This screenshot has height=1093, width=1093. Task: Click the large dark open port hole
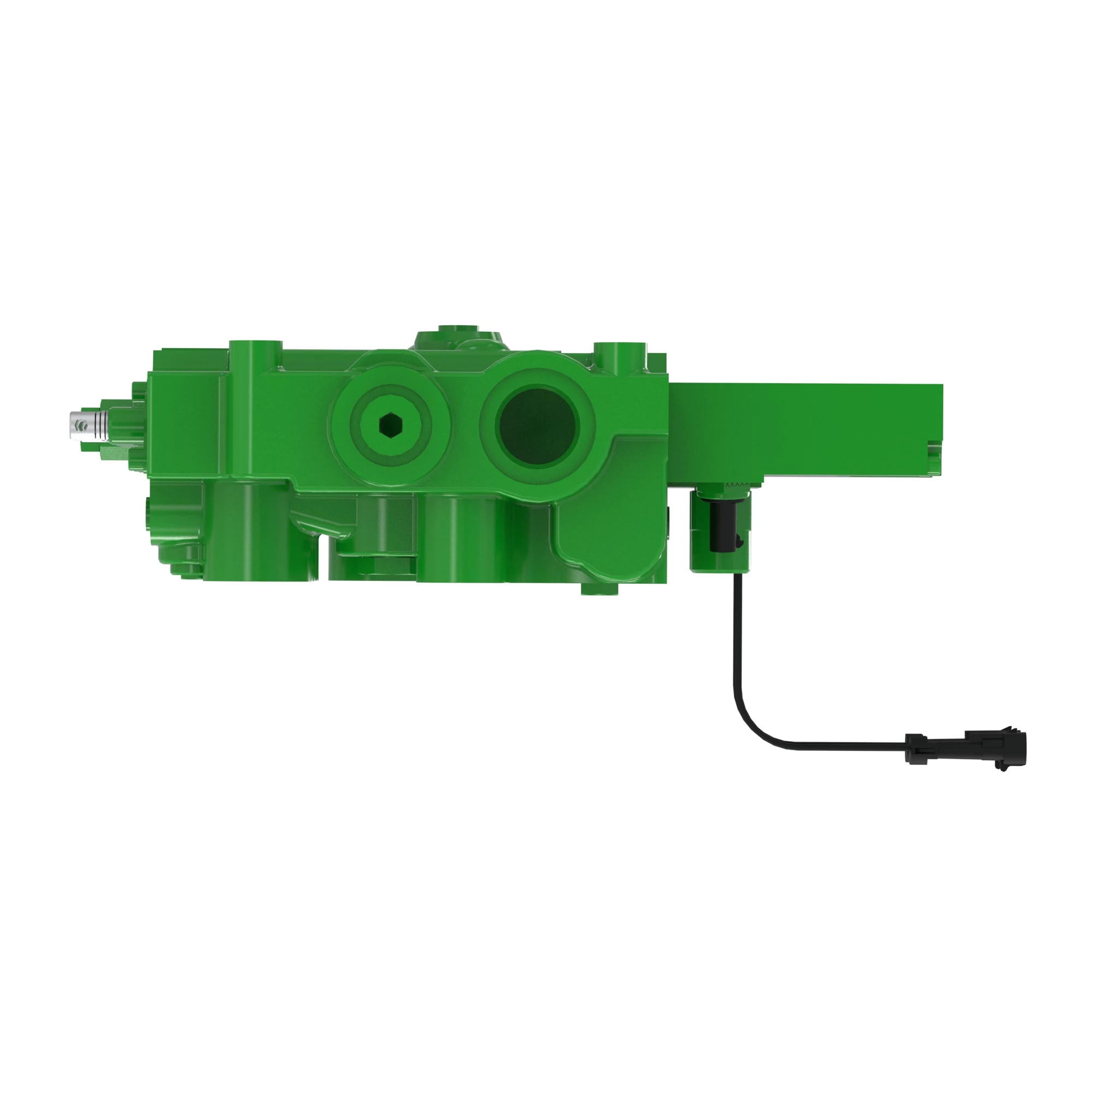point(537,425)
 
